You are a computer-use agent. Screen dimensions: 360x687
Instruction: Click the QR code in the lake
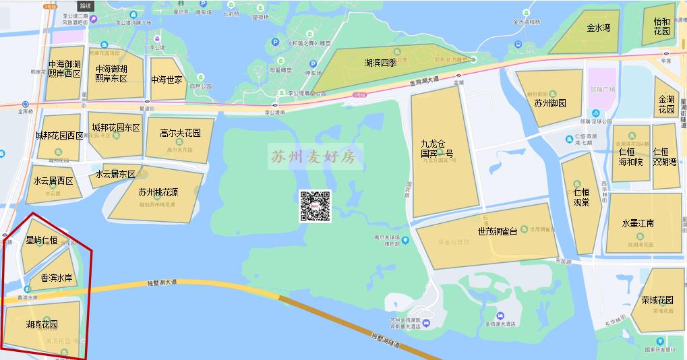[x=316, y=206]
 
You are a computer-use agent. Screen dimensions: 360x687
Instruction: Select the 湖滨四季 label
[x=382, y=63]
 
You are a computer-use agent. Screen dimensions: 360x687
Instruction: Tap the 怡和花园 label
[x=662, y=26]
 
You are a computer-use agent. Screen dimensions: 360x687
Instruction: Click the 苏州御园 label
[x=549, y=103]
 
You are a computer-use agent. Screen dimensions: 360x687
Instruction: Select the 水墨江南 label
[x=638, y=223]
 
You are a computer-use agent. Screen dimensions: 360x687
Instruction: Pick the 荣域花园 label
[x=657, y=300]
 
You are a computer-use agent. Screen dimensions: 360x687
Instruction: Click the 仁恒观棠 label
[x=580, y=197]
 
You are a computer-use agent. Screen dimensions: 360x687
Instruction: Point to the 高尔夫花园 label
[x=181, y=133]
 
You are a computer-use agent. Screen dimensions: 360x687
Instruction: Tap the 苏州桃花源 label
[x=158, y=191]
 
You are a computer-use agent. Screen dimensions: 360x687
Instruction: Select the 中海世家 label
[x=167, y=80]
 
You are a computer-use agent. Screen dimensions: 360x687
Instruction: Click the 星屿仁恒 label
[x=42, y=240]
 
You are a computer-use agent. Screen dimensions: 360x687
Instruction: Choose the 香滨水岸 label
[x=57, y=277]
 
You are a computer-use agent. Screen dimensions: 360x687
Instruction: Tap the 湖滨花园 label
[x=42, y=324]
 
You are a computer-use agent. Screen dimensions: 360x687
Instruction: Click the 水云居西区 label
[x=53, y=181]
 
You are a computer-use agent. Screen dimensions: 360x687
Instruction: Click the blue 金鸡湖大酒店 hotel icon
[x=500, y=316]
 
